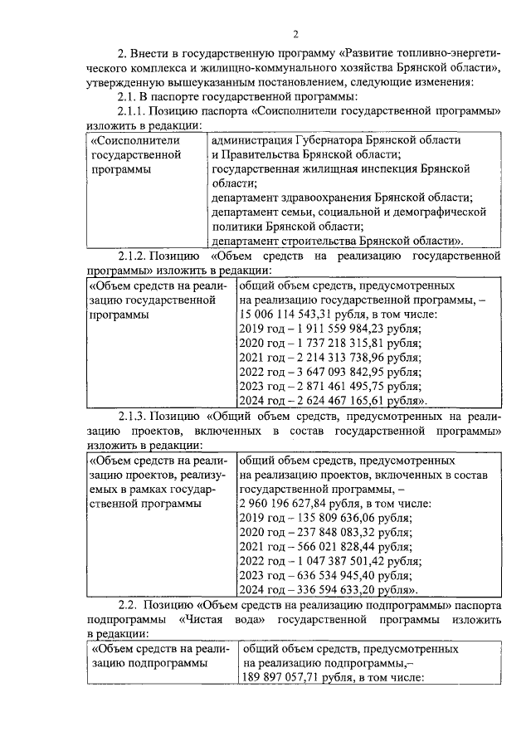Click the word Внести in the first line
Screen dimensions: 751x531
150,54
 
